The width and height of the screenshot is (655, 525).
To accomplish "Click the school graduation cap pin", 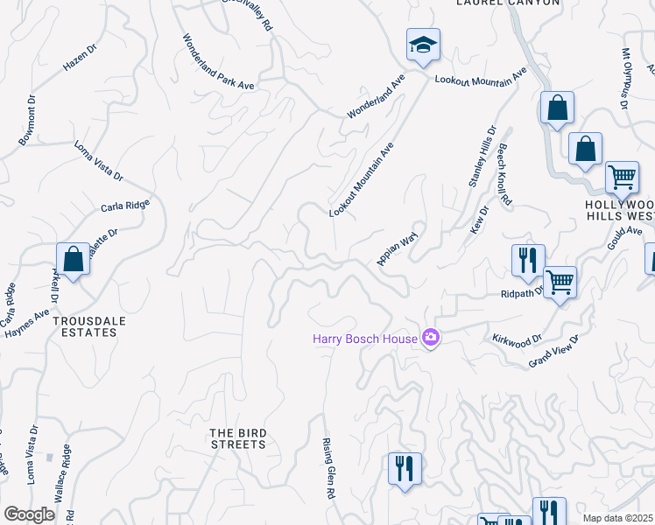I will point(423,45).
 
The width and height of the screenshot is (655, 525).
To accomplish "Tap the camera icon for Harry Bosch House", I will point(430,337).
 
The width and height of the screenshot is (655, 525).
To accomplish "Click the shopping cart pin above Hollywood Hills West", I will point(622,178).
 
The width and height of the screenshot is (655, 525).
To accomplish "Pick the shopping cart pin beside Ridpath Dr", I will point(560,283).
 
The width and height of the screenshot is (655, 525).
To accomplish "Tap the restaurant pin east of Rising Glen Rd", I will point(405,469).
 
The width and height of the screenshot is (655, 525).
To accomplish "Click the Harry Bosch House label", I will point(365,338).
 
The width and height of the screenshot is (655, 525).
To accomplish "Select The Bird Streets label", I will point(237,438).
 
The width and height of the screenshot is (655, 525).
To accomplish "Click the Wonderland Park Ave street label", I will point(218,62).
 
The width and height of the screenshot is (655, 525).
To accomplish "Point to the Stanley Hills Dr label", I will point(482,156).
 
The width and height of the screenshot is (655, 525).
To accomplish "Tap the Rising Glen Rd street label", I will point(330,467).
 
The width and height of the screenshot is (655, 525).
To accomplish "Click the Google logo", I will point(29,514).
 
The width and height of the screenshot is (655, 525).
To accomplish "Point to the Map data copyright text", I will point(616,518).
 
